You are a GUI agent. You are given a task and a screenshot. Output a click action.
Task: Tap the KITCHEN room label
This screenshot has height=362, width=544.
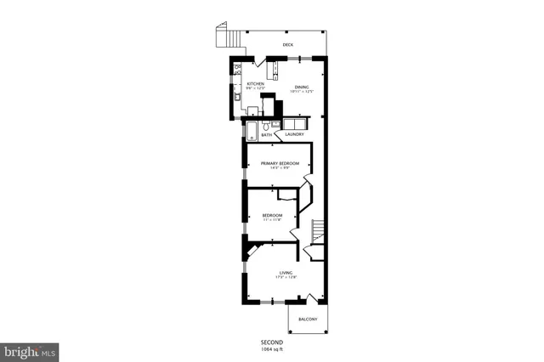255,84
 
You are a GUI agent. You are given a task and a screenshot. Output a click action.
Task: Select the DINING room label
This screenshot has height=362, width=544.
302,87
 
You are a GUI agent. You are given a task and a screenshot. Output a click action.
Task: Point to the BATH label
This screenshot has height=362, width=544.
267,134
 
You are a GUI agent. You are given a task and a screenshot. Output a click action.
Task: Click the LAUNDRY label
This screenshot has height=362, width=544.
295,134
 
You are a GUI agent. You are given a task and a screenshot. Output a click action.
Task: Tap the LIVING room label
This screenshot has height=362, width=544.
286,272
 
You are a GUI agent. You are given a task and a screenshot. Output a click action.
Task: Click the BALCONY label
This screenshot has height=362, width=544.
308,319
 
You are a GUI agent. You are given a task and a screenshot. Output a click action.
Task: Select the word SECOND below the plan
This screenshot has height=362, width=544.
272,342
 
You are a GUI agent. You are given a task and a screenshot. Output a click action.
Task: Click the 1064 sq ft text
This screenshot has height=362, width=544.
272,348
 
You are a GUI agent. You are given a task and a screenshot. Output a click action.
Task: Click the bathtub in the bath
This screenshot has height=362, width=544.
253,128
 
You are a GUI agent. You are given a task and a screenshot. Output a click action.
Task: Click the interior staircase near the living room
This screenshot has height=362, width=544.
318,229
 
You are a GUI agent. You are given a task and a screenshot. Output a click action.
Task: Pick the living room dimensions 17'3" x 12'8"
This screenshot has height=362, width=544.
286,277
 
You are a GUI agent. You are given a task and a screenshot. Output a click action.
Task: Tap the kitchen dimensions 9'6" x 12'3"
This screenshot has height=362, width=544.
255,89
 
